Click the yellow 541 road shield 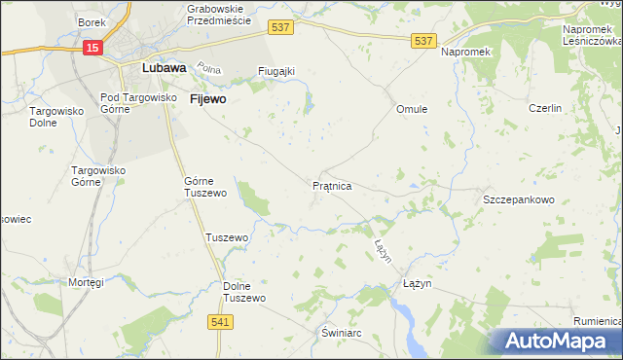(x=221, y=320)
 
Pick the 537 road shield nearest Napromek (x=422, y=40)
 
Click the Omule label (x=412, y=109)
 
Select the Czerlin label (x=545, y=108)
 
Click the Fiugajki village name (x=276, y=71)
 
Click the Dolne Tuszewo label (x=244, y=292)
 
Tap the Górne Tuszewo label (x=205, y=187)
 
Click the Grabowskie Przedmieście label (x=219, y=14)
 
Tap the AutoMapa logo (x=556, y=341)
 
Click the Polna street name (x=208, y=69)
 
